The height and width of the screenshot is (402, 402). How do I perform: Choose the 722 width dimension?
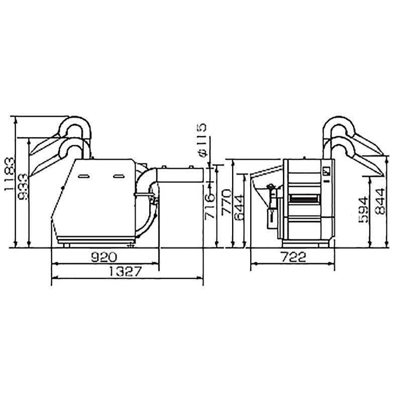[x=293, y=258]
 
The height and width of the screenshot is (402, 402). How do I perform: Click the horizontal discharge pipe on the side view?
[x=181, y=174]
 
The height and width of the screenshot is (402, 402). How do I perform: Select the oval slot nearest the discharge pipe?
[x=119, y=176]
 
